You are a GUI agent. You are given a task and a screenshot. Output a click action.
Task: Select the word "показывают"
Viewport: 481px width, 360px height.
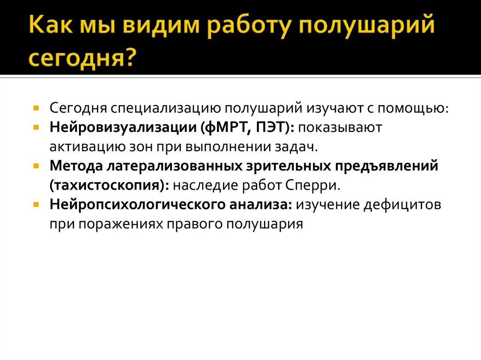point(341,128)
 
